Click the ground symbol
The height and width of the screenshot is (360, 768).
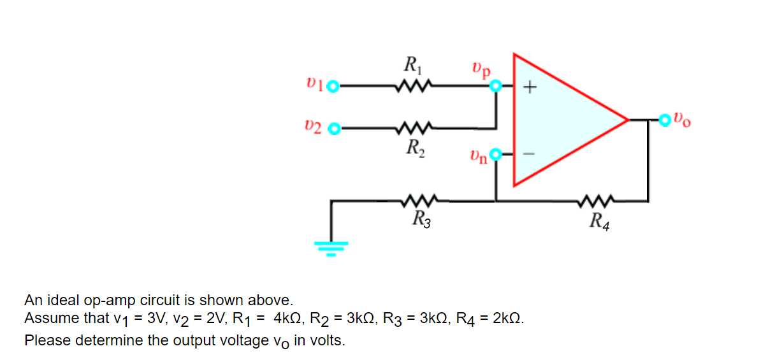tap(330, 246)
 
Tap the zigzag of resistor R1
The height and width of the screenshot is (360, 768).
tap(414, 85)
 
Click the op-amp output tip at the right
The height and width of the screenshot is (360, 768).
tap(628, 119)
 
